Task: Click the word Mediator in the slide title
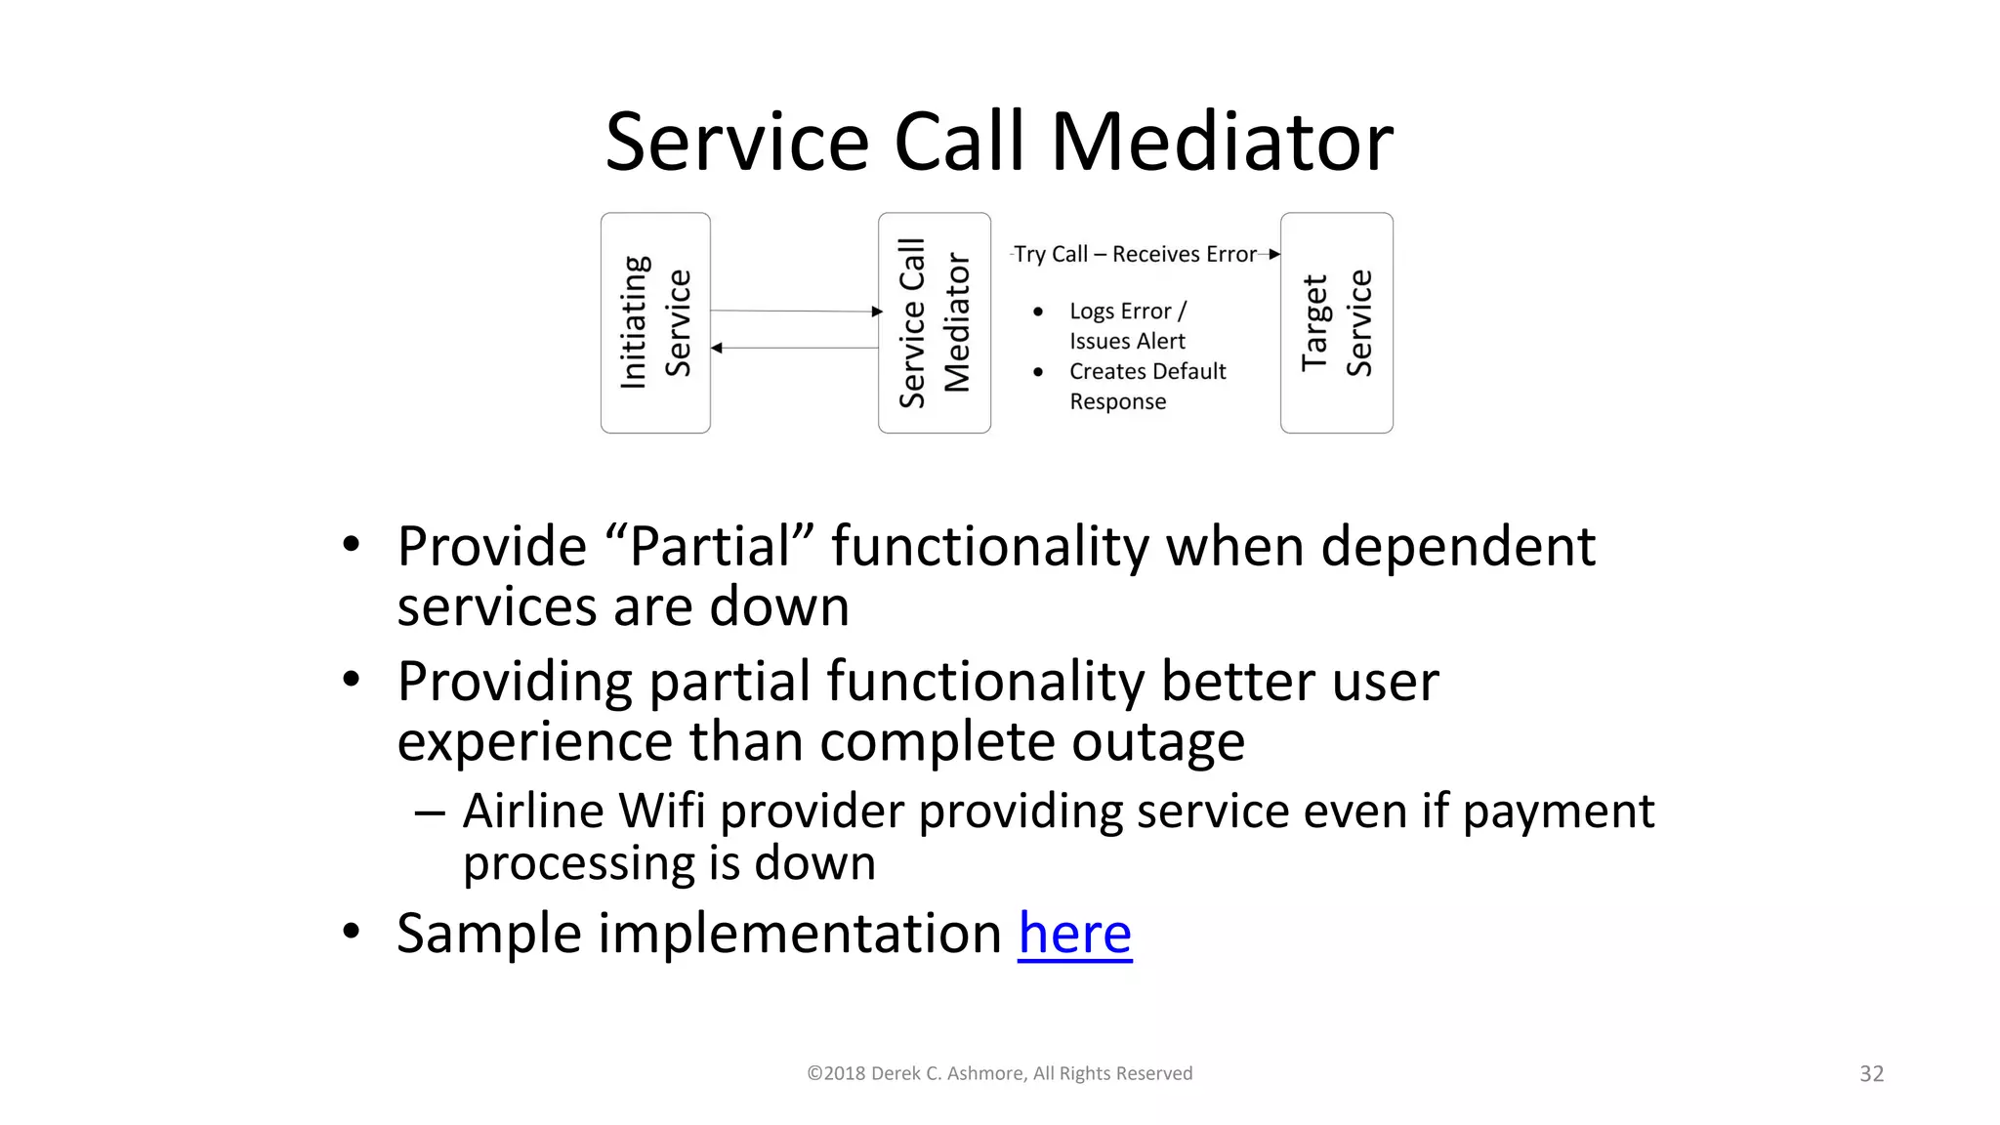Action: point(1221,143)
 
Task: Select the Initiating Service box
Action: point(655,322)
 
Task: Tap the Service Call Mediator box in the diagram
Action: point(934,322)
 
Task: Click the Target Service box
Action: point(1336,322)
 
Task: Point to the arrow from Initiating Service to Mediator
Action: point(795,311)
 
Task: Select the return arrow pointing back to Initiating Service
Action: point(795,348)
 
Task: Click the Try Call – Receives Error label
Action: point(1135,254)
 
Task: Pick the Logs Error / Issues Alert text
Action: point(1128,325)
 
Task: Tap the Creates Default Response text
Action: point(1146,386)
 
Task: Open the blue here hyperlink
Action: point(1074,933)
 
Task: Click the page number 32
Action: point(1871,1073)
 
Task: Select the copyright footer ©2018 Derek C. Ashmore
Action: point(999,1073)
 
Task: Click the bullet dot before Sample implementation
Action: point(352,931)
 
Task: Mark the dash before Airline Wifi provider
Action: point(430,812)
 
